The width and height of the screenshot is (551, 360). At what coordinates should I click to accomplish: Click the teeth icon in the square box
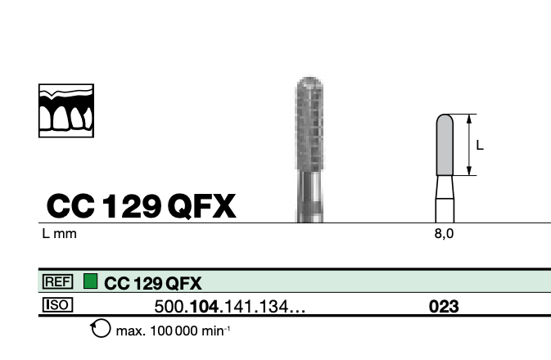(x=66, y=110)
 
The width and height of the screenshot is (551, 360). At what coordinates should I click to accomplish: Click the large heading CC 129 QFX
(x=141, y=206)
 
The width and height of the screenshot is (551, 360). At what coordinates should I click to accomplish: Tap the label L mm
(x=59, y=233)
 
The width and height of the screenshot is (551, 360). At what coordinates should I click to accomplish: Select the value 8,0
(x=444, y=233)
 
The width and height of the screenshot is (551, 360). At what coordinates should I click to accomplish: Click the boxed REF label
(x=57, y=281)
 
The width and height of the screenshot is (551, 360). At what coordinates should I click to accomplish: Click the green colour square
(x=90, y=281)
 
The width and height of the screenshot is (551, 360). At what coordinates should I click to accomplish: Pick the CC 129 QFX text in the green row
(x=153, y=283)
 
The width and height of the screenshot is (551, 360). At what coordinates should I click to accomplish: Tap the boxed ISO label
(x=57, y=305)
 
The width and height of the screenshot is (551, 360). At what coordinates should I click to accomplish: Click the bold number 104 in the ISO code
(x=204, y=307)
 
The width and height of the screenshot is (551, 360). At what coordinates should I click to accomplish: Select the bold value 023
(x=444, y=307)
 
